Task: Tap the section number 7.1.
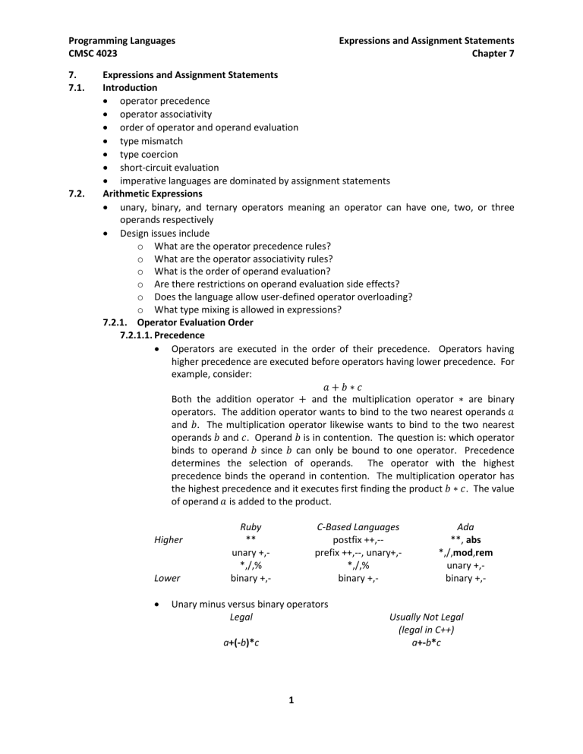tap(78, 87)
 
